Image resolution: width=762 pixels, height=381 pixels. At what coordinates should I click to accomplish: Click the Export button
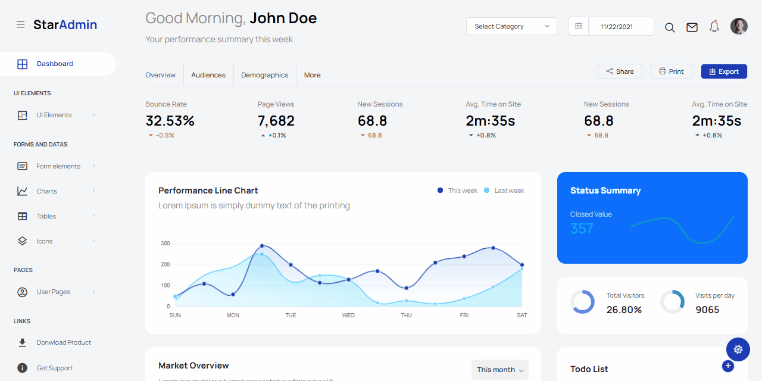pyautogui.click(x=724, y=71)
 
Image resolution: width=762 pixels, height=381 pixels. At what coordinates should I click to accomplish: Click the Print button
pyautogui.click(x=671, y=71)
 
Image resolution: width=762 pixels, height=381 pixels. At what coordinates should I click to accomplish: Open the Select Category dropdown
pyautogui.click(x=511, y=26)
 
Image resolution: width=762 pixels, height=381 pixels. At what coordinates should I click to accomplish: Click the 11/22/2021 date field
pyautogui.click(x=616, y=27)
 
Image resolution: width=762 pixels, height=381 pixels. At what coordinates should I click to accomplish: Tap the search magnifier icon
pyautogui.click(x=670, y=27)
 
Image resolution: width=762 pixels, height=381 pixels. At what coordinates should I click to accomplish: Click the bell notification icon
pyautogui.click(x=714, y=27)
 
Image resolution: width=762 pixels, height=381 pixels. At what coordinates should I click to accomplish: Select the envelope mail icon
pyautogui.click(x=692, y=27)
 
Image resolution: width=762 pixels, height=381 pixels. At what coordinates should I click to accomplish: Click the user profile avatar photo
pyautogui.click(x=739, y=26)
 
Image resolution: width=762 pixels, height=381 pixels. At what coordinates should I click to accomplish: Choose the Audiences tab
pyautogui.click(x=208, y=75)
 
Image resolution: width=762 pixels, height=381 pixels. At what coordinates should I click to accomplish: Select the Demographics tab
pyautogui.click(x=264, y=75)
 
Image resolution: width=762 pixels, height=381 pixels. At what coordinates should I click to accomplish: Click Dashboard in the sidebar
pyautogui.click(x=55, y=64)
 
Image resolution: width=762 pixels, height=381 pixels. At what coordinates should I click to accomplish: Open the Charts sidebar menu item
pyautogui.click(x=46, y=191)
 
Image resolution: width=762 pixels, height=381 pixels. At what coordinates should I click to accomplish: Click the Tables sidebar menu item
pyautogui.click(x=46, y=216)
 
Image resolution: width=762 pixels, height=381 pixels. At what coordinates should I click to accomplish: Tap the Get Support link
pyautogui.click(x=55, y=368)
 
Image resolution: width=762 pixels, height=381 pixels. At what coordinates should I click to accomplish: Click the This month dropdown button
pyautogui.click(x=499, y=370)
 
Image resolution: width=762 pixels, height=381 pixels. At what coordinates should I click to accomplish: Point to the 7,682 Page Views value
pyautogui.click(x=276, y=121)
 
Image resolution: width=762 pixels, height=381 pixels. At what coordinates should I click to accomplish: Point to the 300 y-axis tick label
pyautogui.click(x=165, y=243)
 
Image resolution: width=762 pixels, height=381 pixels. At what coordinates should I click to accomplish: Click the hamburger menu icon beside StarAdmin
pyautogui.click(x=20, y=24)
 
